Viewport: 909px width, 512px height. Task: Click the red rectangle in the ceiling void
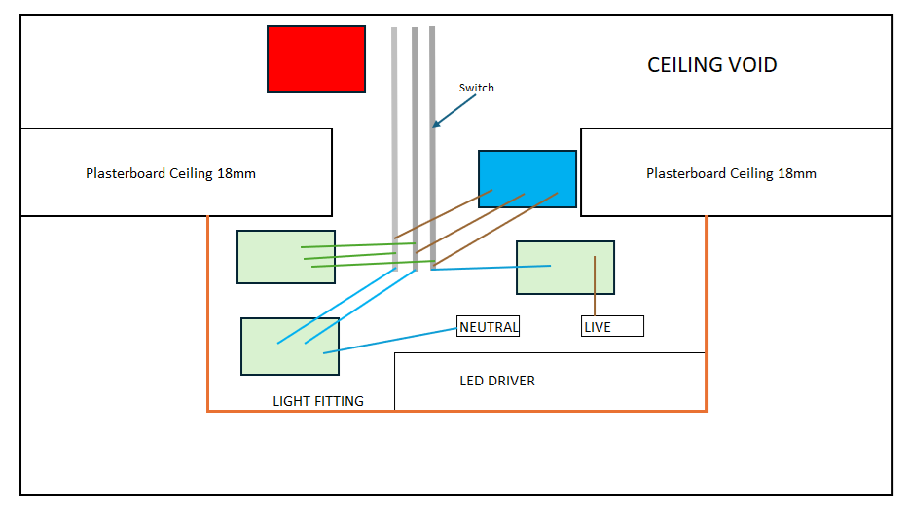coord(316,59)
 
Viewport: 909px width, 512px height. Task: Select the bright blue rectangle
coord(527,178)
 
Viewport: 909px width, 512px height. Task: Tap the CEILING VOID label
coord(711,65)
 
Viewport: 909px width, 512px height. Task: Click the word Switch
coord(477,88)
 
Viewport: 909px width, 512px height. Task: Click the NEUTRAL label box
coord(489,326)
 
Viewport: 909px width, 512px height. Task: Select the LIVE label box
coord(612,326)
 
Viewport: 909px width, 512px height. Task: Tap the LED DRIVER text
coord(497,381)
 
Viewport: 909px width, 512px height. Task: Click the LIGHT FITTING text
coord(318,401)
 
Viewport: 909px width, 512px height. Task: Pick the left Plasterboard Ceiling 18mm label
coord(170,173)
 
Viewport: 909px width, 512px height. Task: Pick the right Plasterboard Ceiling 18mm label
coord(731,173)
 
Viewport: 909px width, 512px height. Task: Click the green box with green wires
coord(286,257)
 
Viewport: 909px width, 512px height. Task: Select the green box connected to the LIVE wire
coord(565,268)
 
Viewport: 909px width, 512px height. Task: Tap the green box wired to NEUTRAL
coord(290,347)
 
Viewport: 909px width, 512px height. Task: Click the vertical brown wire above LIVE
coord(595,286)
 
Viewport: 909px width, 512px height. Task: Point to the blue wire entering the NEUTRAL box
coord(390,341)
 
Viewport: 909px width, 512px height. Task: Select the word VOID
coord(752,65)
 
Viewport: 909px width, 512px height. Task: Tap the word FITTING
coord(340,401)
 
